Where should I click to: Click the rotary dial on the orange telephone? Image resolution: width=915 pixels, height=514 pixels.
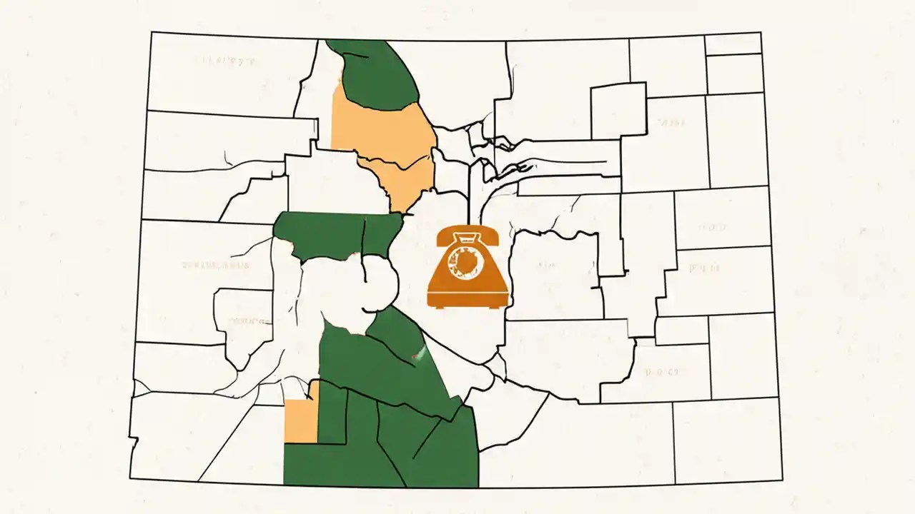point(467,268)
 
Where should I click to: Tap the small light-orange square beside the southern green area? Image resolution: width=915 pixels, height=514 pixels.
point(300,422)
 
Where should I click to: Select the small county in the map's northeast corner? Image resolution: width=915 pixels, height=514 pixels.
point(733,44)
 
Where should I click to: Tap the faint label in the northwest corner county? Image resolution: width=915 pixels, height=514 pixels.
point(224,61)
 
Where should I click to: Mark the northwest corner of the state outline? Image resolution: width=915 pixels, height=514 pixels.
point(151,32)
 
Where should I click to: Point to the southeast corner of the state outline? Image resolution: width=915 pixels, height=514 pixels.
point(782,480)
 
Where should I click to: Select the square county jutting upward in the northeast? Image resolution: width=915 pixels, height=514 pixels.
point(618,111)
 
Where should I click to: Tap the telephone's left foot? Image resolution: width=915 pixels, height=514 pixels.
point(438,306)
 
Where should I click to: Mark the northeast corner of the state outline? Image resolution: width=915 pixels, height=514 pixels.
point(760,32)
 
